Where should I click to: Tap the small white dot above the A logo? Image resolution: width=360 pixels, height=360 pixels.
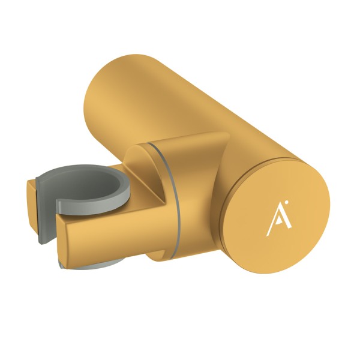coord(286,202)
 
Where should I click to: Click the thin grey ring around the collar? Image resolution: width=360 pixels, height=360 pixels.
coord(170,197)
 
